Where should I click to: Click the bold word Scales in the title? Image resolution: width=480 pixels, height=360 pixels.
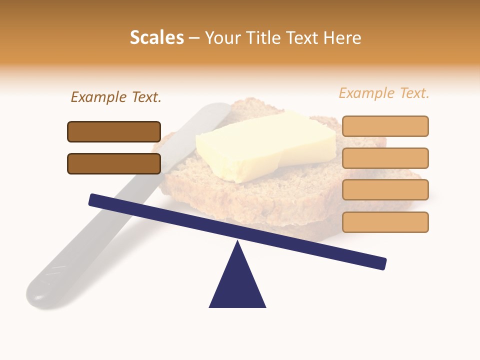(x=156, y=37)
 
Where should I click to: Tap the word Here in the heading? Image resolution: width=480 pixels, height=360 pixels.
(x=342, y=37)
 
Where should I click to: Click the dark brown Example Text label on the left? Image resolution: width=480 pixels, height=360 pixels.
(x=116, y=97)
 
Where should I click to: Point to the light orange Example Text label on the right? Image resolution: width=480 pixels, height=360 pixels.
(x=384, y=93)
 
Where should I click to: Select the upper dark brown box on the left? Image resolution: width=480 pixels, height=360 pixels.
(x=114, y=131)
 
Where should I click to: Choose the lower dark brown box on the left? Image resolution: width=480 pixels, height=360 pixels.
(x=114, y=163)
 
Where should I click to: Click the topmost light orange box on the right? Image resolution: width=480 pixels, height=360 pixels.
(x=385, y=126)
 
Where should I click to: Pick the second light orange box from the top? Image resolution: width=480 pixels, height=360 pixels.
(x=385, y=158)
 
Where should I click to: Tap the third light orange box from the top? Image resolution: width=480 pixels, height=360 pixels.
(x=385, y=190)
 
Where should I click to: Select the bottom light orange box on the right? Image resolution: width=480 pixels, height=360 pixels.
(x=385, y=222)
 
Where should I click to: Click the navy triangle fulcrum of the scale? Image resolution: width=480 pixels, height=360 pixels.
(x=237, y=285)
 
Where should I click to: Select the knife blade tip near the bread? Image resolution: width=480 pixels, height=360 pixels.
(x=220, y=108)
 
